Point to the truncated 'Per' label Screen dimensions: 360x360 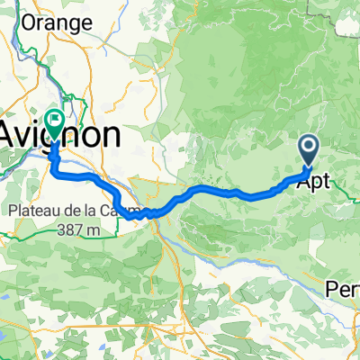point(343,290)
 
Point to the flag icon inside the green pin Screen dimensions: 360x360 point(55,118)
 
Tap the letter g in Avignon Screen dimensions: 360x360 point(61,138)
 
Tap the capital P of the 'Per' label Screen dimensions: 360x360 point(331,290)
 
